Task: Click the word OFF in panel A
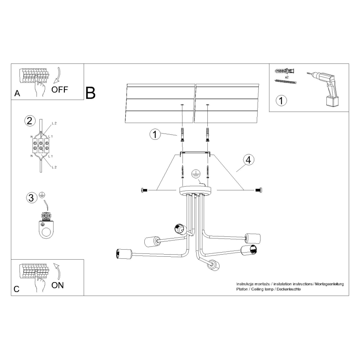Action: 60,90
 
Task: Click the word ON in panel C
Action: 58,285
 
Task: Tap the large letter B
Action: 90,93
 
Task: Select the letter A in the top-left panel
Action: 17,93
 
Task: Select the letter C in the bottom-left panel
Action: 16,289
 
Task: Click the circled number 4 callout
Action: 248,160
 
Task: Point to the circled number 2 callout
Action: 29,121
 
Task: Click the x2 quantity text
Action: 286,77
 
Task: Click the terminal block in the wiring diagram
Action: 40,146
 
